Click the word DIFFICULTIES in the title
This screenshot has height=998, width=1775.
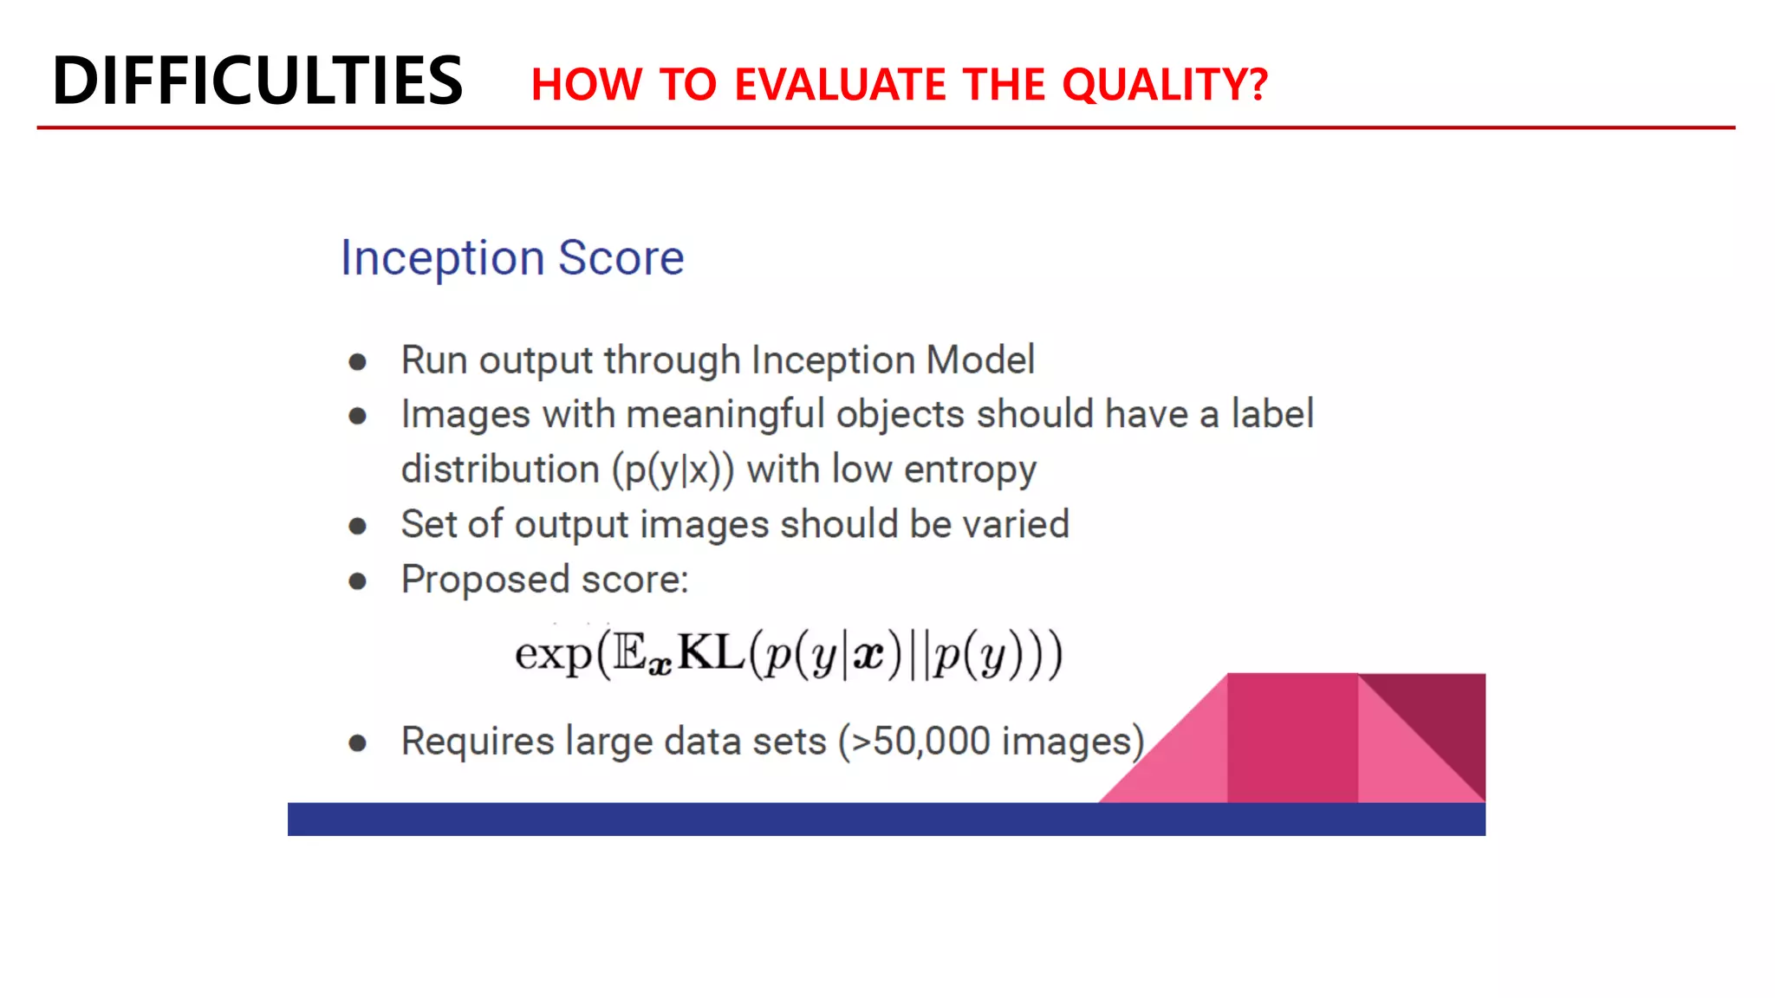point(257,81)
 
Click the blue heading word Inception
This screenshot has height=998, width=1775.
point(442,258)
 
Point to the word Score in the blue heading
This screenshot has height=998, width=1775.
point(621,258)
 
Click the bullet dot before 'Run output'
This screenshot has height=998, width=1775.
point(357,362)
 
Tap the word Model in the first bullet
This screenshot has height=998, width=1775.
point(979,360)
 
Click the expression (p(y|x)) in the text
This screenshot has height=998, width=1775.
point(673,470)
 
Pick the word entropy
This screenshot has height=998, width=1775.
point(970,470)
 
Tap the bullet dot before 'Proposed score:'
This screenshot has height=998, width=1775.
point(357,581)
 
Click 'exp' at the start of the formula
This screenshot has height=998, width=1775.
point(552,654)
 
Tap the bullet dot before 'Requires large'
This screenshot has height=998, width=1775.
point(357,743)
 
